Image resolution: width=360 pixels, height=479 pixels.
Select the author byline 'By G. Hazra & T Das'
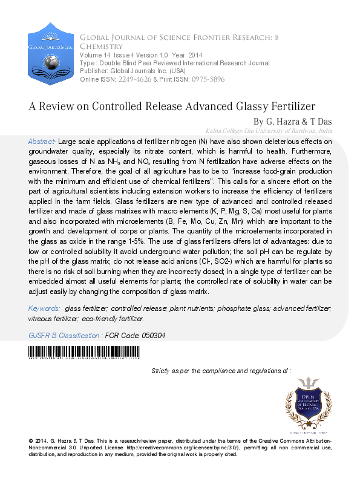pyautogui.click(x=292, y=122)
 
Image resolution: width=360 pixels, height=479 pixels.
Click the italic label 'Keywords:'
pyautogui.click(x=44, y=308)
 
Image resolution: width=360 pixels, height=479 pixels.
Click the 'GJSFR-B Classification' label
pyautogui.click(x=65, y=335)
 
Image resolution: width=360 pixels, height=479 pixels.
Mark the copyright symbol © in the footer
pyautogui.click(x=31, y=441)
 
